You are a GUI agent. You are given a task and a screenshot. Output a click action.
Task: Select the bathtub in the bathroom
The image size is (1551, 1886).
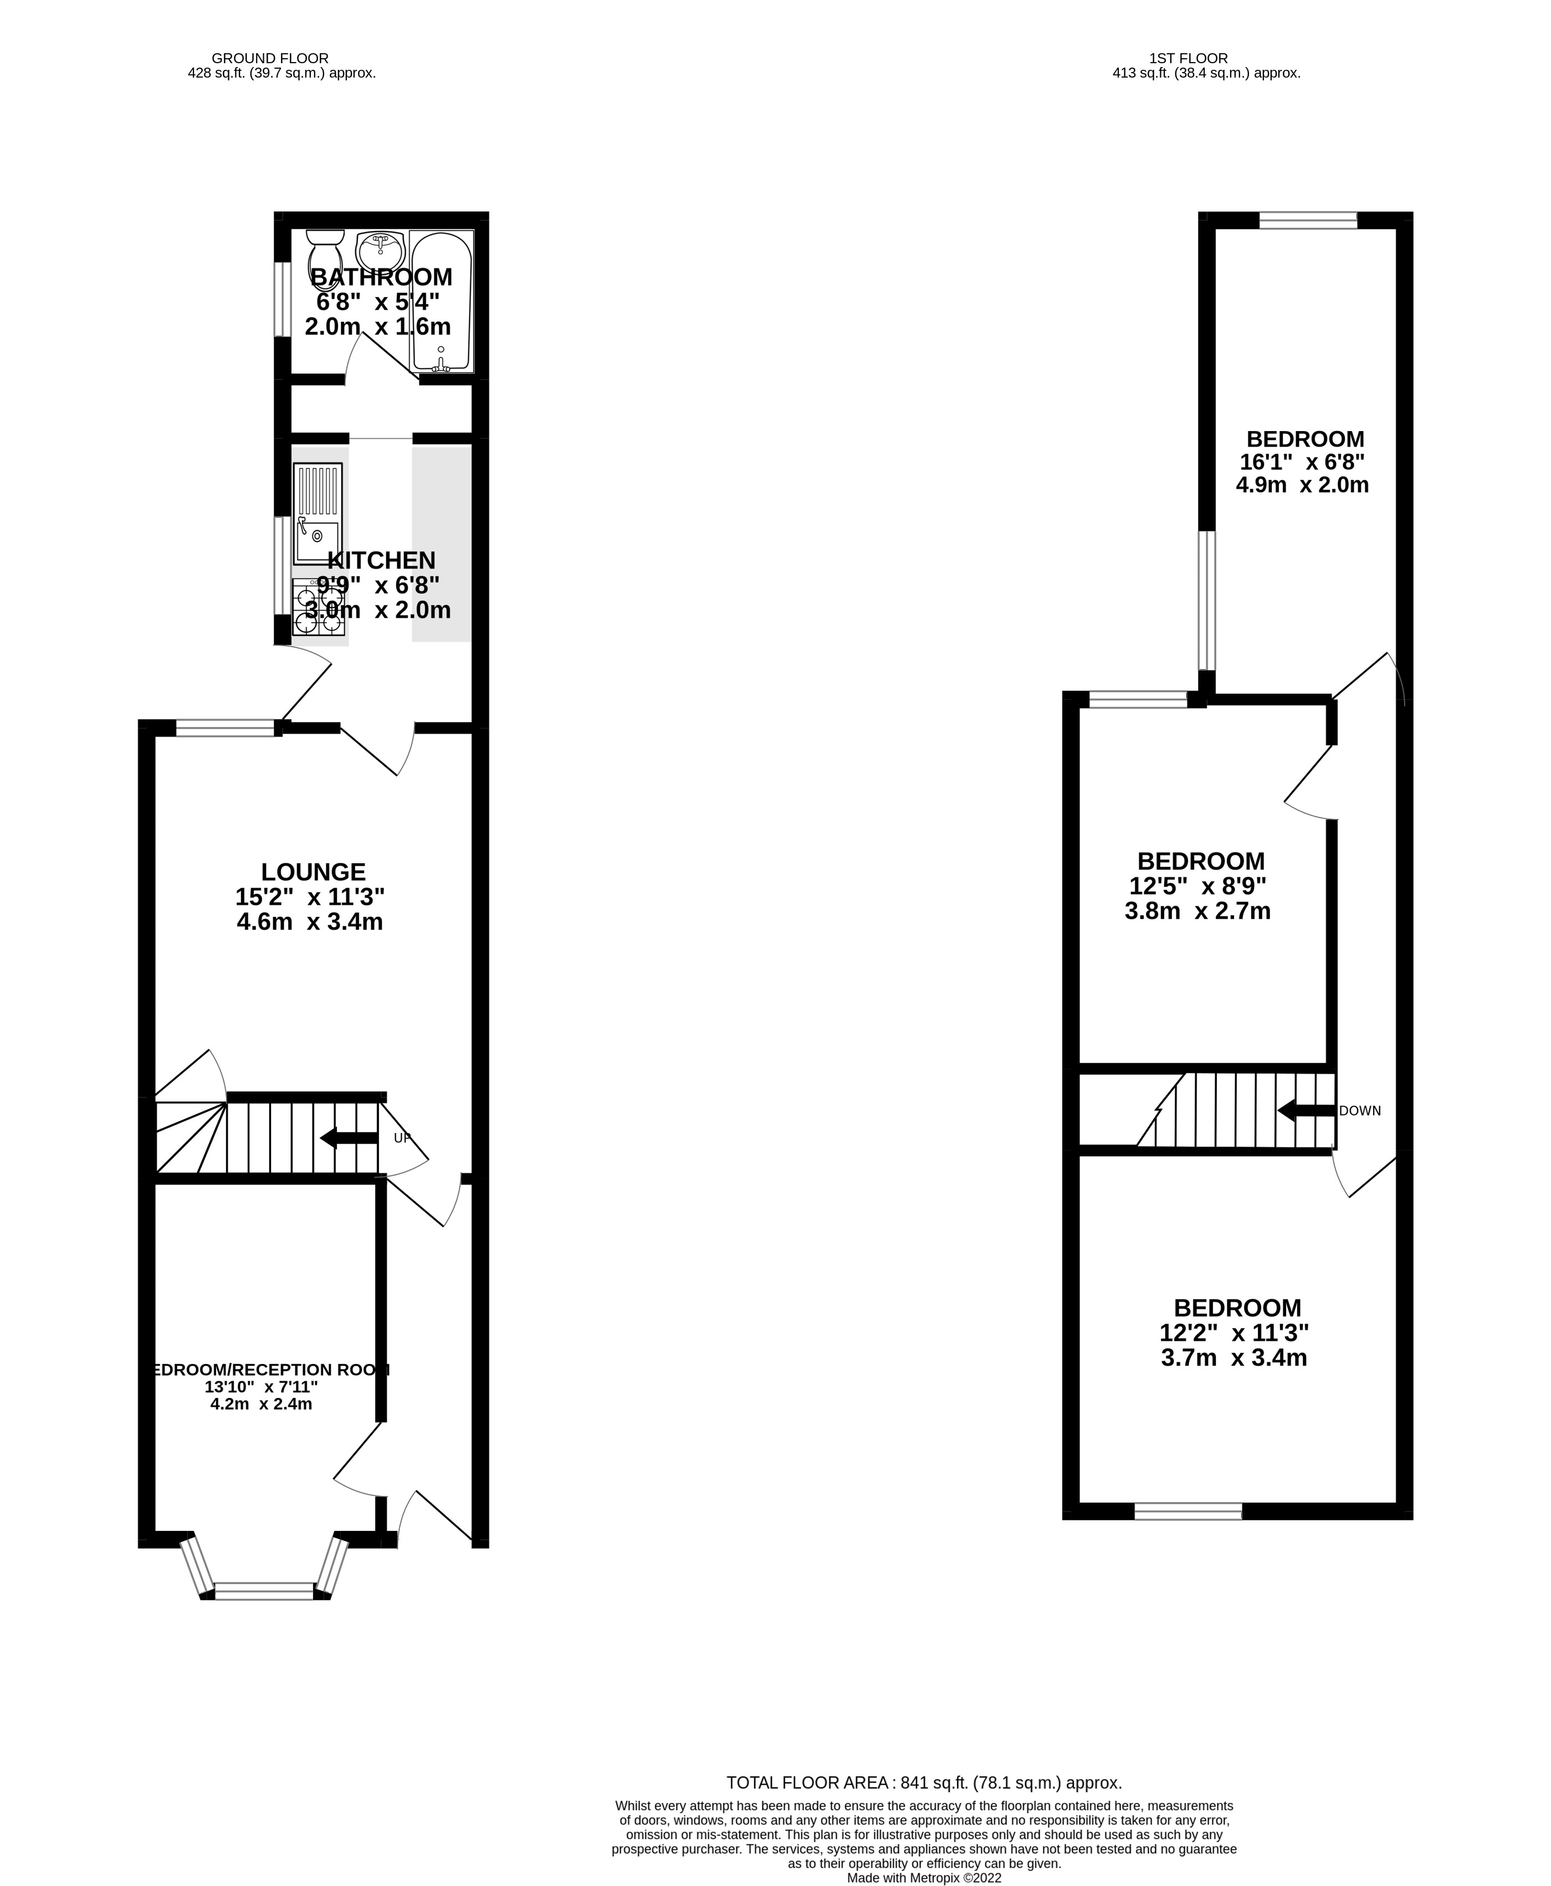click(441, 302)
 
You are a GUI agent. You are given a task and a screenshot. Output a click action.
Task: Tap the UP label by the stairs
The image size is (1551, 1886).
click(403, 1137)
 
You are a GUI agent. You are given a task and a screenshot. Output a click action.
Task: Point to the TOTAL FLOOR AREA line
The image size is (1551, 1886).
click(923, 1782)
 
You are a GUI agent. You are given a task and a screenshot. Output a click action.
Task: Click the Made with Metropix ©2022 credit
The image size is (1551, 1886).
click(924, 1878)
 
